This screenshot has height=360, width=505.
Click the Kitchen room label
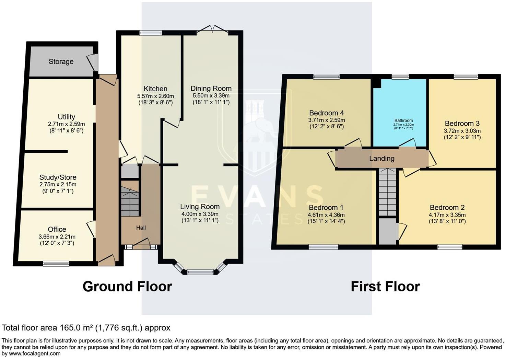pyautogui.click(x=155, y=89)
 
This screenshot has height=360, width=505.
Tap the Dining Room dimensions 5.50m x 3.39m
pyautogui.click(x=211, y=95)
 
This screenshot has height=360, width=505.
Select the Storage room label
pyautogui.click(x=61, y=61)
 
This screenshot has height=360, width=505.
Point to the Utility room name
pyautogui.click(x=66, y=117)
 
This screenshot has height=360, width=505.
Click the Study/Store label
pyautogui.click(x=58, y=177)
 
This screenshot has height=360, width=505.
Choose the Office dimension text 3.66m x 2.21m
pyautogui.click(x=57, y=236)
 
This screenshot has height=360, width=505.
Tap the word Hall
pyautogui.click(x=141, y=228)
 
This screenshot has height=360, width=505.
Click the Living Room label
pyautogui.click(x=200, y=207)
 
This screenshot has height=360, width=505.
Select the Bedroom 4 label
pyautogui.click(x=327, y=113)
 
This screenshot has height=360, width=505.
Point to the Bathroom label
pyautogui.click(x=403, y=121)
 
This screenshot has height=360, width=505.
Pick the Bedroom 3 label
pyautogui.click(x=462, y=124)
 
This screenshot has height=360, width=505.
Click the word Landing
pyautogui.click(x=382, y=159)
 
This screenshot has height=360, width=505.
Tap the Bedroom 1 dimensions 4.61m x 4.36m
pyautogui.click(x=326, y=215)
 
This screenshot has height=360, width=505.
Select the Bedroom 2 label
pyautogui.click(x=447, y=208)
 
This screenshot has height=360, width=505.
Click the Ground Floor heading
pyautogui.click(x=127, y=287)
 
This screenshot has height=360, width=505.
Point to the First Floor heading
pyautogui.click(x=385, y=287)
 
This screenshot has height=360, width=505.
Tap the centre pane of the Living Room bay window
pyautogui.click(x=200, y=272)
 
